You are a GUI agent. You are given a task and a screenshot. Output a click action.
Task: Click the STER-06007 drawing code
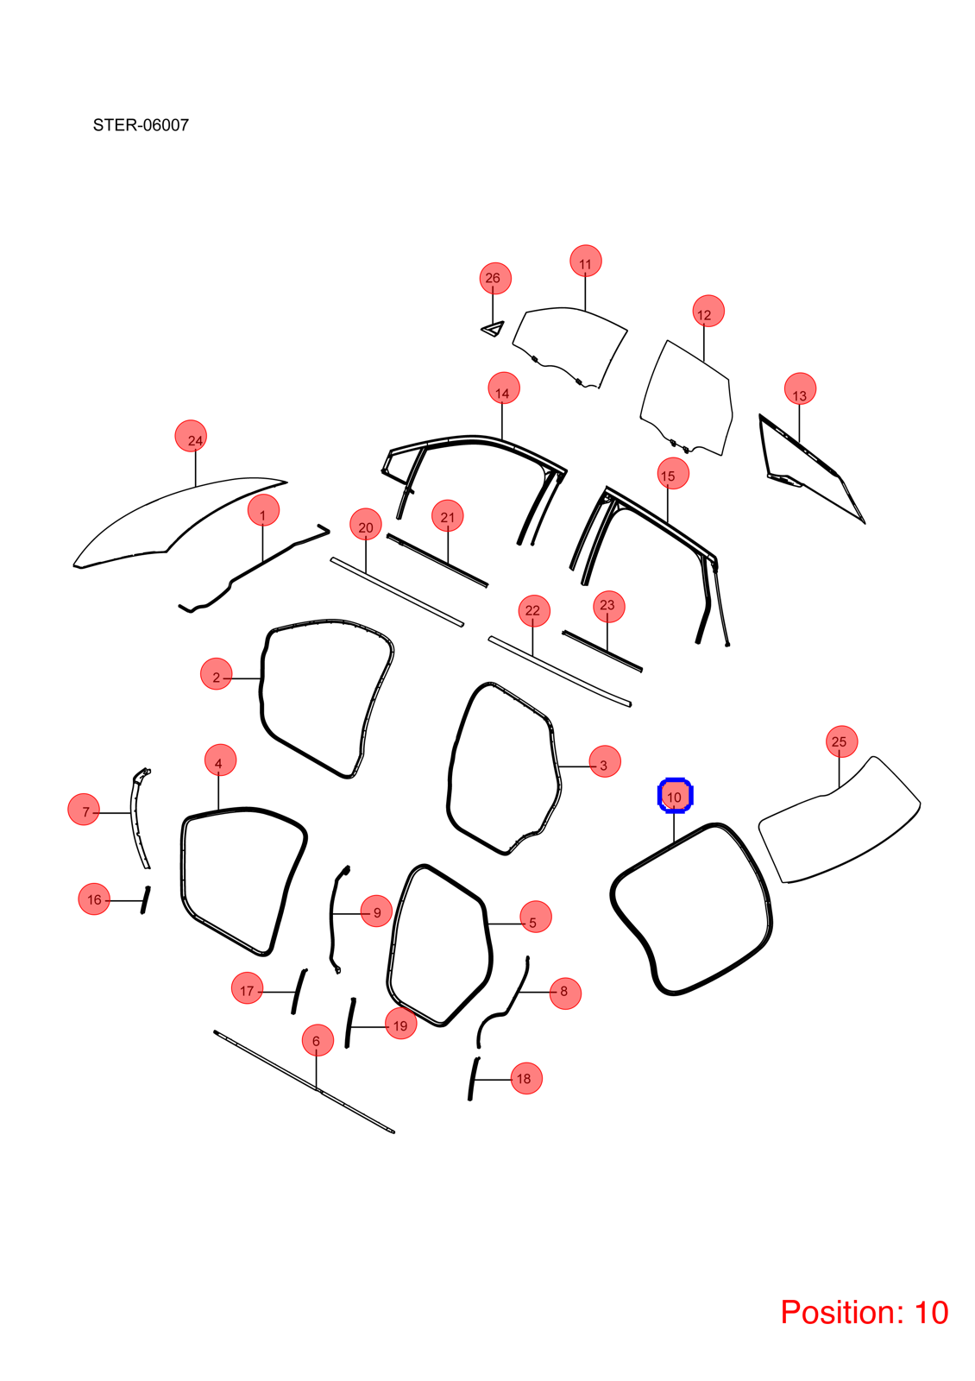(x=141, y=125)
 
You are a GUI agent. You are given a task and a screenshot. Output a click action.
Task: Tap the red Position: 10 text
(x=864, y=1312)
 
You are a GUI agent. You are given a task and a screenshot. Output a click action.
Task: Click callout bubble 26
(x=495, y=278)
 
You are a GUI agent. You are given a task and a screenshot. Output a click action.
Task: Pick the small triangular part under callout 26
(x=493, y=329)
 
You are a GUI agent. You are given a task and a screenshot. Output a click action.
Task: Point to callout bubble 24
(x=191, y=436)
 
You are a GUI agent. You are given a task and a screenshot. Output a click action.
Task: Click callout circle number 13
(x=800, y=389)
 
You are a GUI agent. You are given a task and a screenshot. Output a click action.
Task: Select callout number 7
(x=84, y=810)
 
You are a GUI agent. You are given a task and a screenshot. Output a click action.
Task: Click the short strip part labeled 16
(x=146, y=900)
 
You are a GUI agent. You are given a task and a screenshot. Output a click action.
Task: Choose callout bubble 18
(x=526, y=1078)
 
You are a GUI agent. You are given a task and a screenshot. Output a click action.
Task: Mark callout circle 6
(x=318, y=1040)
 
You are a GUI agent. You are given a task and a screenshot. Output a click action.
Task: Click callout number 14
(x=504, y=388)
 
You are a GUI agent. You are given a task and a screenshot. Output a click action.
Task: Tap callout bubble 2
(x=217, y=673)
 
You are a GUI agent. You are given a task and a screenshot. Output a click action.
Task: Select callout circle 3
(x=605, y=761)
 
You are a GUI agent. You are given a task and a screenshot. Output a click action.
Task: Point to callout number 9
(x=376, y=911)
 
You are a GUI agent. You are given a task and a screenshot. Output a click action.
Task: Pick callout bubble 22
(x=534, y=611)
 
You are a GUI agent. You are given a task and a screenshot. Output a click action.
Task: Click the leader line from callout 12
(x=704, y=343)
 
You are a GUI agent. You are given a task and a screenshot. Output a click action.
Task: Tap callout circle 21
(x=448, y=517)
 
